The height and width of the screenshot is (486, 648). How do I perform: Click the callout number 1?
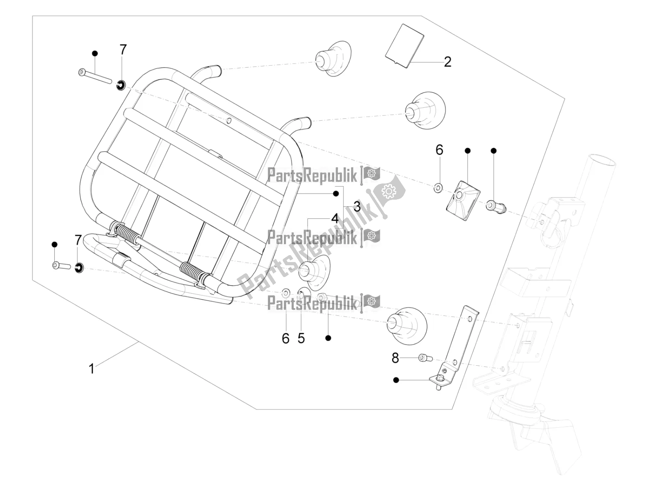tap(92, 369)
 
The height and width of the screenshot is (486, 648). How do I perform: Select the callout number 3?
tap(357, 207)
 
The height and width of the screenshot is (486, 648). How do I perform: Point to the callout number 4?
tap(335, 219)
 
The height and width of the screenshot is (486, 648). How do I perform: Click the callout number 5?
tap(301, 339)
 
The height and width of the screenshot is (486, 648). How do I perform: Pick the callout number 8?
tap(395, 358)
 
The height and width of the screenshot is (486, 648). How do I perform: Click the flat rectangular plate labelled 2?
tap(405, 46)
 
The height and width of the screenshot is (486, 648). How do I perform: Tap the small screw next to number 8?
tap(425, 358)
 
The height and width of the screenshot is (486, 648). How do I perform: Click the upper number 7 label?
tap(123, 49)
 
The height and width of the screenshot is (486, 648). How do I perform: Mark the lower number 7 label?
tap(78, 240)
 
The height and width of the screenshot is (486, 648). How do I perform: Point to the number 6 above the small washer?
tap(439, 150)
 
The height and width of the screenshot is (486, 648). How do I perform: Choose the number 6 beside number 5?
tap(286, 339)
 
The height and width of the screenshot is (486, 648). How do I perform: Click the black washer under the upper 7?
tap(121, 85)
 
